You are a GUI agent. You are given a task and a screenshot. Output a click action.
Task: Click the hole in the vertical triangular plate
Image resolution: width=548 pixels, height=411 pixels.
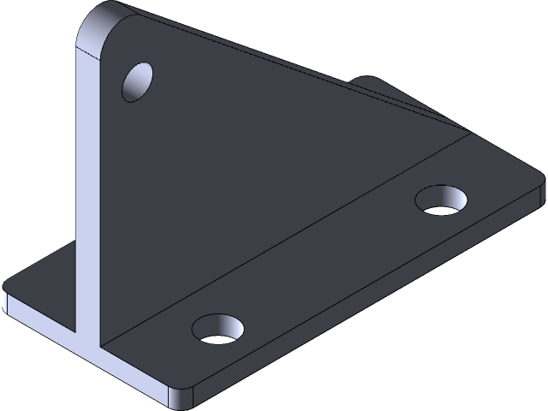(x=137, y=81)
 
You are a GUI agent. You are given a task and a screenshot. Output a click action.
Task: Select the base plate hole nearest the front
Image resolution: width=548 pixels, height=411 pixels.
(x=218, y=328)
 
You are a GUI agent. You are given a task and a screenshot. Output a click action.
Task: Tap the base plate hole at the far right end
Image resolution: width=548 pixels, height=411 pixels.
(x=442, y=200)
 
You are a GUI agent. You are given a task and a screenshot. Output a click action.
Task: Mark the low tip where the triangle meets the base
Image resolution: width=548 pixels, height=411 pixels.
(x=467, y=133)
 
